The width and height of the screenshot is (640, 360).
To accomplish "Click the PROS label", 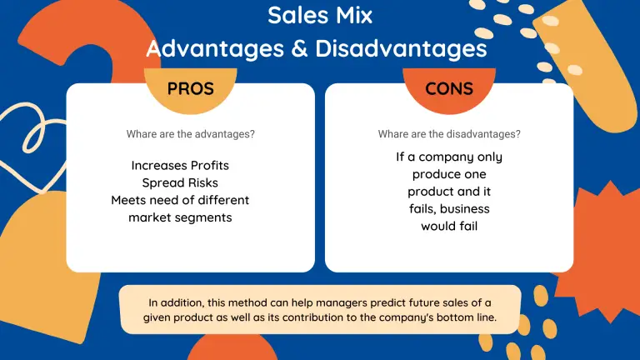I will click(x=190, y=89).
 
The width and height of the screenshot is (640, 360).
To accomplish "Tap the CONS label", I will click(x=449, y=89).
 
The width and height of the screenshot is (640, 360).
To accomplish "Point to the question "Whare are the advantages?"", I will click(x=190, y=133).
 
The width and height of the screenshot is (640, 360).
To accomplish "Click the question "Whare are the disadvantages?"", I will click(x=449, y=133).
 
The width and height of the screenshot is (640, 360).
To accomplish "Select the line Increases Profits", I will click(x=180, y=165).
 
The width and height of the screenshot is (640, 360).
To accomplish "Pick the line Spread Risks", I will click(x=180, y=182).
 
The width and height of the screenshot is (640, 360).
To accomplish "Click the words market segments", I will click(x=180, y=217).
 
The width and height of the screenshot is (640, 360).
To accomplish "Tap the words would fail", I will click(x=449, y=226).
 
